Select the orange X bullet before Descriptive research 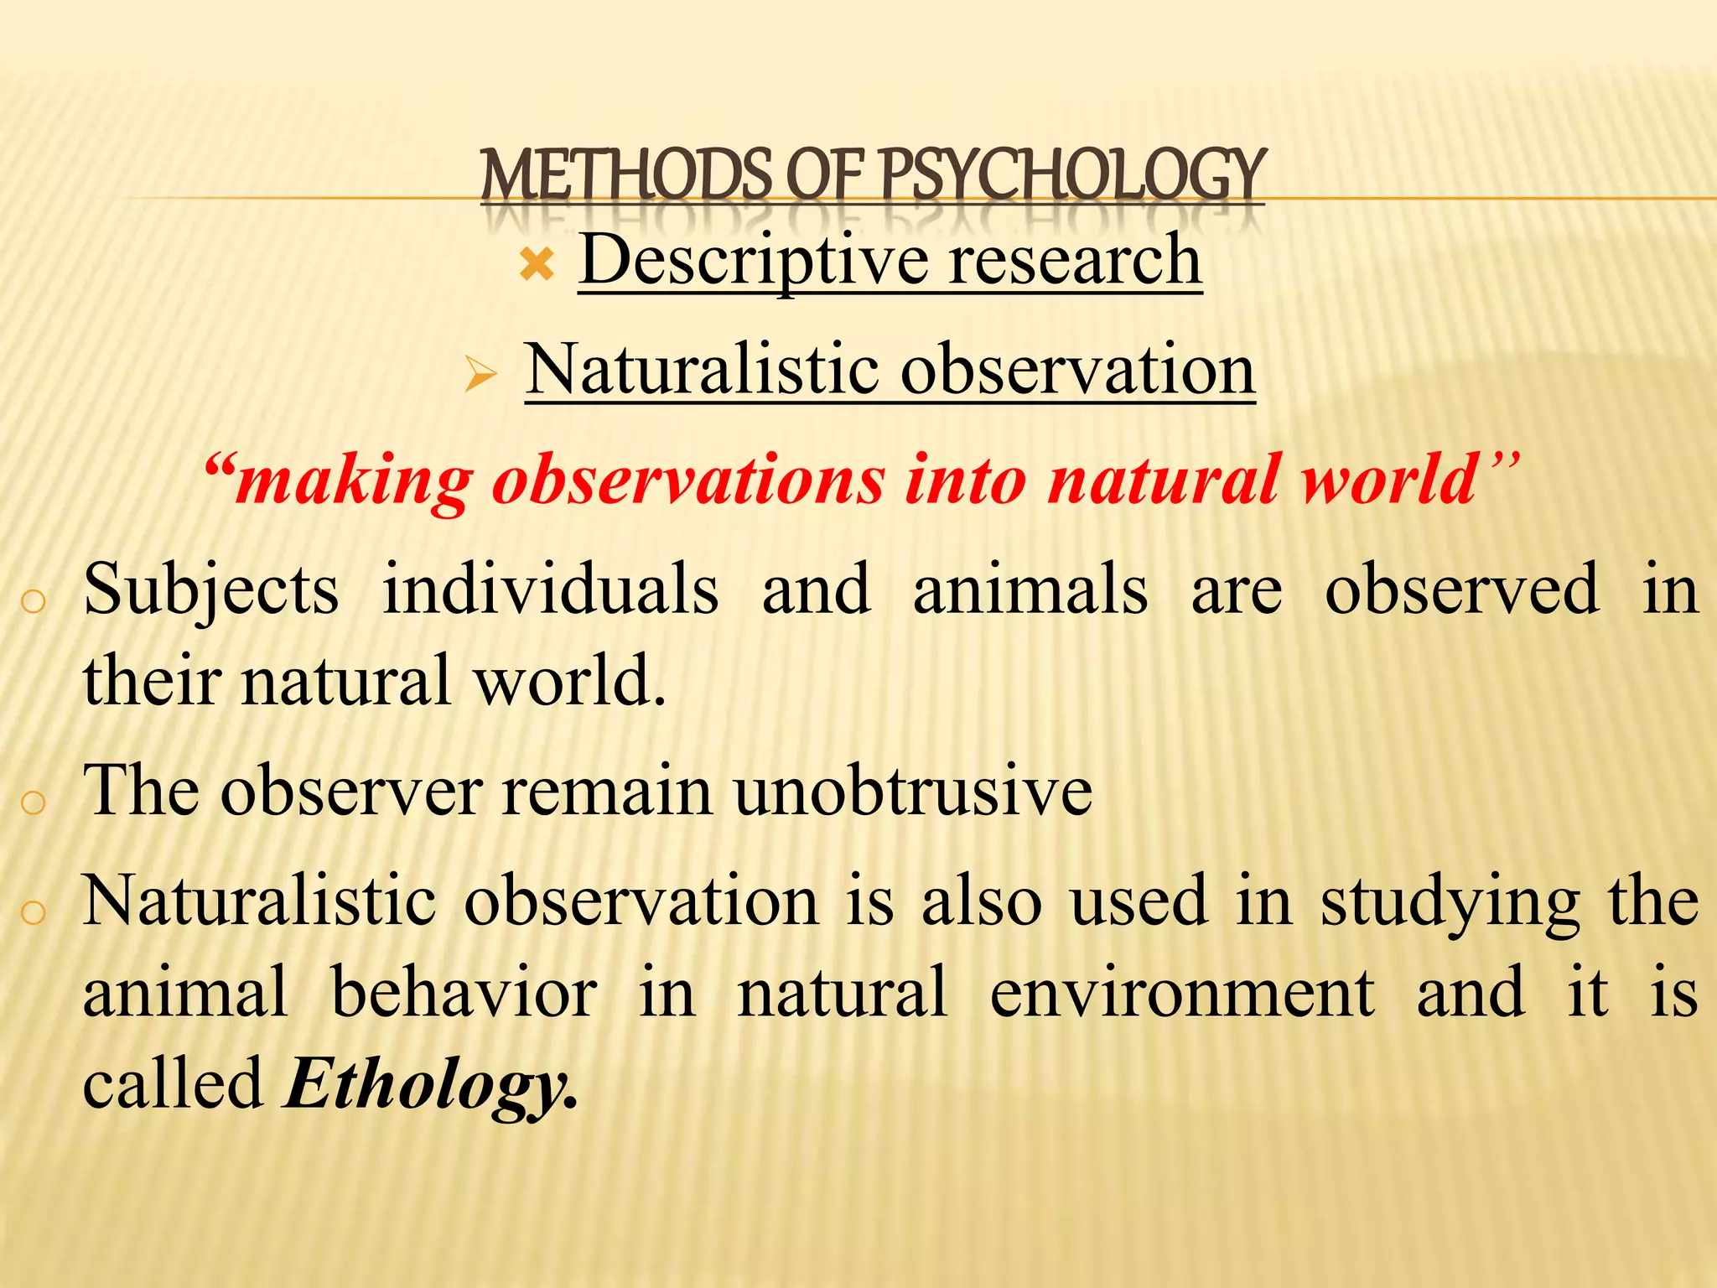click(537, 265)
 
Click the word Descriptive click(754, 260)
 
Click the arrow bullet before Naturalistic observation click(481, 374)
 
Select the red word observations click(688, 480)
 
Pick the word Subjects click(211, 590)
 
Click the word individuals click(551, 590)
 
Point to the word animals click(1030, 590)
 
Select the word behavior click(464, 993)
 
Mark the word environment click(1182, 993)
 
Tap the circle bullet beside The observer click(33, 802)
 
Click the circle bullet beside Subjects click(33, 601)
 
